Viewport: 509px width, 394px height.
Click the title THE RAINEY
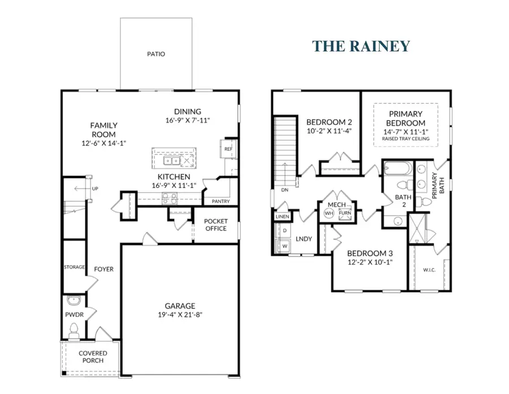[x=361, y=46]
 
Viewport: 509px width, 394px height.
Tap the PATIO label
[x=156, y=54]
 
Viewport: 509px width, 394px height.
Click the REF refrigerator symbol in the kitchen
[x=228, y=149]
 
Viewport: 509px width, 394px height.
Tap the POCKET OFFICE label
[x=215, y=225]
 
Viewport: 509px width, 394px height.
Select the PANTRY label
[x=220, y=201]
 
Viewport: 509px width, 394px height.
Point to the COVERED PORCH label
[x=93, y=357]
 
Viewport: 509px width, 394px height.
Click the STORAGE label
[x=74, y=267]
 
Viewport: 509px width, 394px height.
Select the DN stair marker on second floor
[x=284, y=190]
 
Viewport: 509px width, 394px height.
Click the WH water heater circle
[x=329, y=213]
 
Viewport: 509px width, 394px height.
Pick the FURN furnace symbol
[x=344, y=213]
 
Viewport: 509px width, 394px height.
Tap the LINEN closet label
[x=282, y=217]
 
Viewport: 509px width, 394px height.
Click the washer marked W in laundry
[x=284, y=246]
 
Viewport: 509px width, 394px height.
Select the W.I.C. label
[x=429, y=269]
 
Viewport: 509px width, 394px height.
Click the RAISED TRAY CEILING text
[x=406, y=139]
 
